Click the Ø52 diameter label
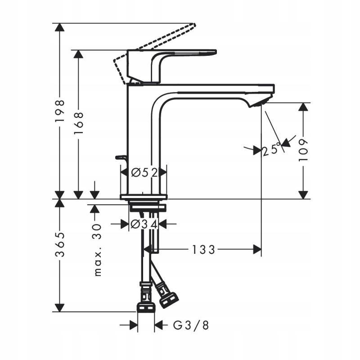(144, 172)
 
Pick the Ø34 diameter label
(144, 224)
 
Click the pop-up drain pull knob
(121, 157)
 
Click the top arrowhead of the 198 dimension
(58, 27)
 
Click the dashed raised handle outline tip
(194, 25)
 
